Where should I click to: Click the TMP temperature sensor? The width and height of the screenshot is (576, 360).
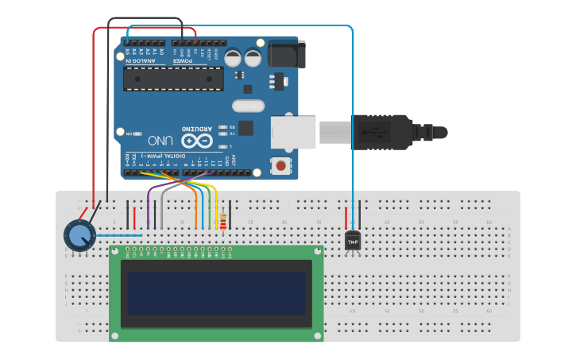[353, 241]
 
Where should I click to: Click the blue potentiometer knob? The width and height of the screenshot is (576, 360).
[78, 236]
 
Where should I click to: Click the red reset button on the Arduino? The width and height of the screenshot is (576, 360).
[280, 165]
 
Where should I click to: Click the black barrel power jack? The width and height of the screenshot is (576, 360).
[284, 53]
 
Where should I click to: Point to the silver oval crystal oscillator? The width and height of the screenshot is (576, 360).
[248, 106]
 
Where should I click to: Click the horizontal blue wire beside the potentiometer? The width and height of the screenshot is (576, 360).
[119, 235]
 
